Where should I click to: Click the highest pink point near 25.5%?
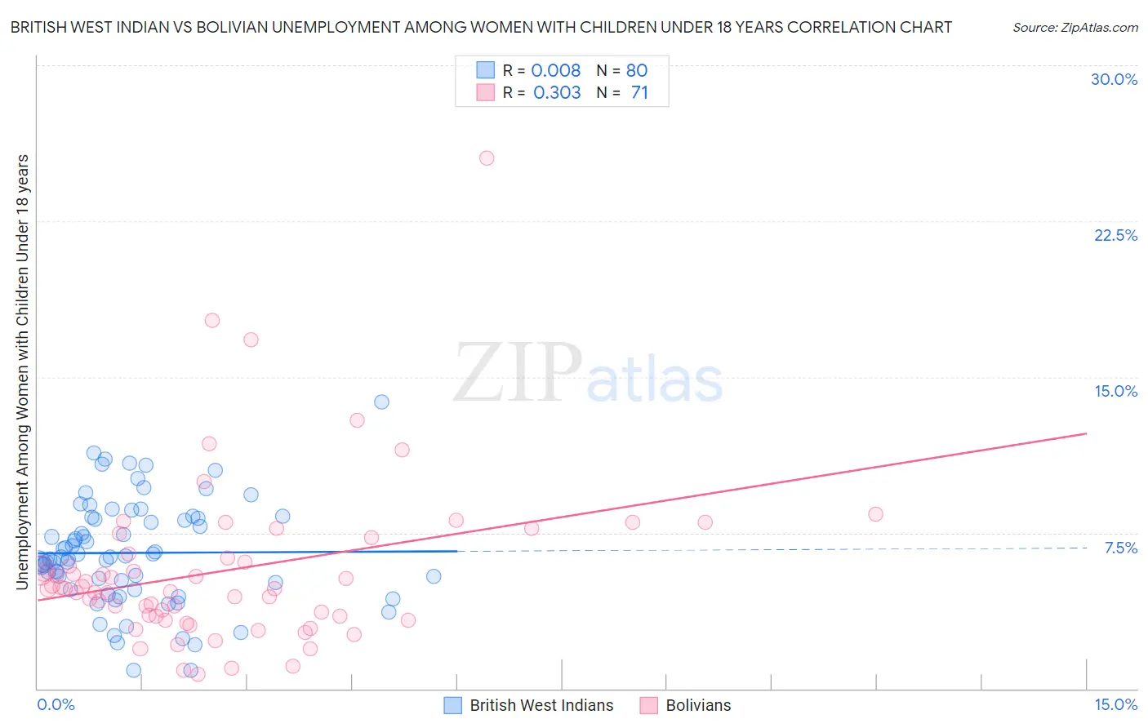[x=487, y=158]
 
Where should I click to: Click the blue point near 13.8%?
[x=381, y=402]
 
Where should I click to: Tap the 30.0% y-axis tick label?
[x=1114, y=79]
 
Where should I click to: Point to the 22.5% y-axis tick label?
[x=1115, y=235]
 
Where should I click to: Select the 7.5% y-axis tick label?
[x=1120, y=548]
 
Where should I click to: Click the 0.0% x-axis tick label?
[x=56, y=704]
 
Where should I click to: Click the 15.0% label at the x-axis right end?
[x=1115, y=704]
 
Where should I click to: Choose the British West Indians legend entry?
[x=541, y=705]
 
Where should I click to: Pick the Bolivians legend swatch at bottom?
[x=649, y=705]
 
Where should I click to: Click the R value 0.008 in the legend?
[x=555, y=70]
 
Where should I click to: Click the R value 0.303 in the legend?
[x=557, y=92]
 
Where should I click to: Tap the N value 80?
[x=637, y=70]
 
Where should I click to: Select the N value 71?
[x=639, y=92]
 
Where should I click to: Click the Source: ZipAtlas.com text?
[x=1075, y=27]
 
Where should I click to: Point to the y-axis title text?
[x=22, y=371]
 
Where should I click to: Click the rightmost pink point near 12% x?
[x=875, y=514]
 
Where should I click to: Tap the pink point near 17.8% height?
[x=212, y=320]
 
